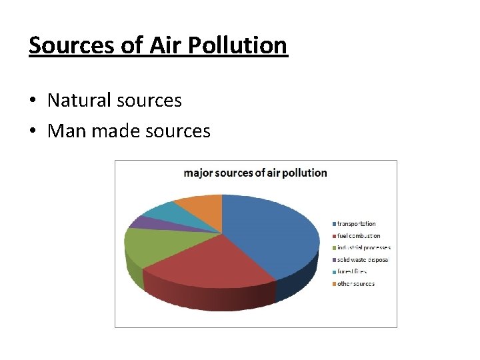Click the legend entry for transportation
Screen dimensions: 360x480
[356, 224]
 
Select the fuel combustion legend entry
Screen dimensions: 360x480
[359, 236]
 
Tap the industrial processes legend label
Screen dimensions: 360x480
[363, 248]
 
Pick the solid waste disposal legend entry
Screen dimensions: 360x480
[362, 260]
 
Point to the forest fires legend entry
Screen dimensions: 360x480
[352, 272]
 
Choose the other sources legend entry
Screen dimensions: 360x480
[355, 284]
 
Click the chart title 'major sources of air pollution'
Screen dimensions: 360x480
[255, 173]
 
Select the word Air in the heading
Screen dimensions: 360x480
[165, 45]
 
